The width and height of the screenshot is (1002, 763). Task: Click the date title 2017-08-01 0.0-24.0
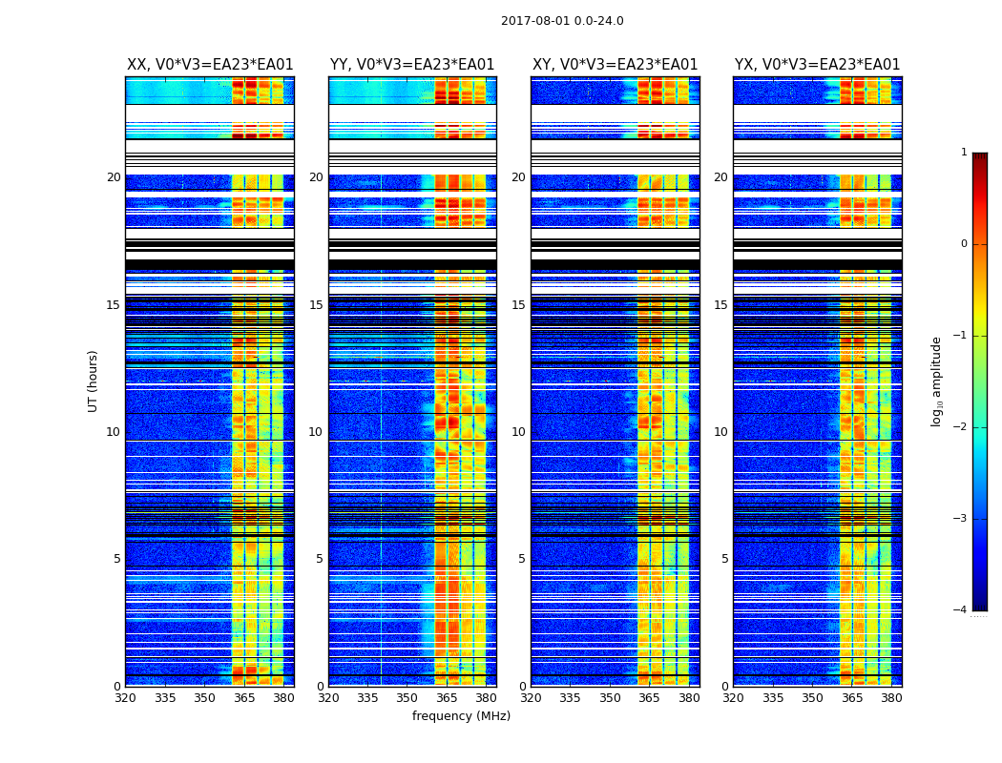click(562, 21)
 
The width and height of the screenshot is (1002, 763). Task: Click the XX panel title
click(210, 65)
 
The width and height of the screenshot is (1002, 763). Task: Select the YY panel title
click(412, 65)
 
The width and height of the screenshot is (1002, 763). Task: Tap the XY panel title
click(616, 65)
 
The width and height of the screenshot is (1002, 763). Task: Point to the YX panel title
click(818, 65)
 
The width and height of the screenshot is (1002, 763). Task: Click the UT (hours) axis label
click(93, 381)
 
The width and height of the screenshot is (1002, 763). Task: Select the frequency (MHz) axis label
click(461, 716)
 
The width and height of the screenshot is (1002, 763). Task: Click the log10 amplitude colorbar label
click(937, 381)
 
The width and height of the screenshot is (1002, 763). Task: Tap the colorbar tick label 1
click(963, 153)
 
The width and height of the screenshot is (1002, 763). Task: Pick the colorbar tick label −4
click(960, 610)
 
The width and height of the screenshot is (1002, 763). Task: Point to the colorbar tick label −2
click(960, 427)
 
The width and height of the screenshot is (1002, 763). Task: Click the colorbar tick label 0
click(963, 244)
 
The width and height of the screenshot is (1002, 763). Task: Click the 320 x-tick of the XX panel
click(125, 698)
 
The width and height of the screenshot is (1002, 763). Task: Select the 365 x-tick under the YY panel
click(447, 698)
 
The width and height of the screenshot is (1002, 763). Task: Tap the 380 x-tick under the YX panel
click(891, 698)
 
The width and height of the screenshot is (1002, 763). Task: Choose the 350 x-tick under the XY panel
click(610, 698)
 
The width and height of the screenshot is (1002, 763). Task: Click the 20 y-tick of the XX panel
click(114, 177)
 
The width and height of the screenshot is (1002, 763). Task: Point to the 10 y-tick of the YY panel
click(316, 432)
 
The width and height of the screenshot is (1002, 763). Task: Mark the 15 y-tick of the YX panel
click(721, 305)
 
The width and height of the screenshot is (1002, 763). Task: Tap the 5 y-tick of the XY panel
click(522, 559)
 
